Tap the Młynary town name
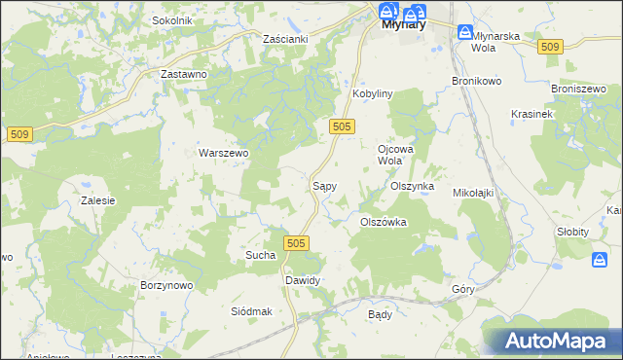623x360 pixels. point(399,26)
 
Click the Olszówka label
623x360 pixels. point(383,222)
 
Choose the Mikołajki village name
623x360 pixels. point(473,193)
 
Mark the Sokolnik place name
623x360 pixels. point(172,20)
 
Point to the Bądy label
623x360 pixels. point(380,315)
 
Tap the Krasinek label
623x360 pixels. point(531,114)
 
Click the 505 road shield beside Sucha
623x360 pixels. point(298,242)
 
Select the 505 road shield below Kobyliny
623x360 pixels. point(341,126)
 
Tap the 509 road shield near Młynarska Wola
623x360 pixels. point(550,47)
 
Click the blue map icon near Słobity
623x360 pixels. point(600,259)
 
